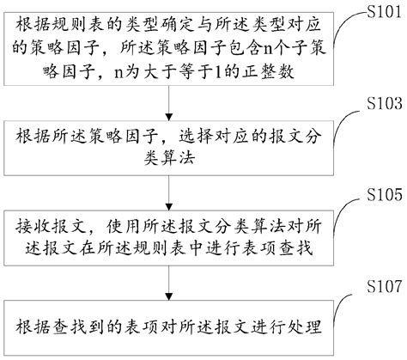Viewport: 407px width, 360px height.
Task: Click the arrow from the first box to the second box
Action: pyautogui.click(x=168, y=107)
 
